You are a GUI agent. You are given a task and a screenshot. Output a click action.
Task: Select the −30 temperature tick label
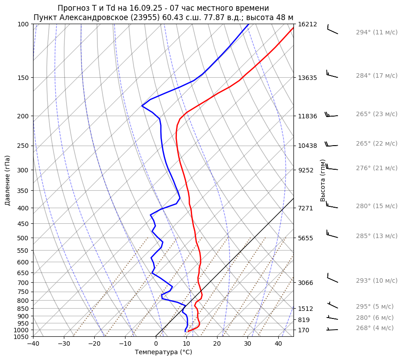point(64,344)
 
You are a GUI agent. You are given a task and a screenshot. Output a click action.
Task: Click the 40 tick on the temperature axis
point(278,344)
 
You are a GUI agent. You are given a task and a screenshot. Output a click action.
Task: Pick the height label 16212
point(308,24)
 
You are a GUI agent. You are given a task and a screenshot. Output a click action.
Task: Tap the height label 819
point(304,320)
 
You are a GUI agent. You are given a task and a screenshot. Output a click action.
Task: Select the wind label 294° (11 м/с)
point(377,33)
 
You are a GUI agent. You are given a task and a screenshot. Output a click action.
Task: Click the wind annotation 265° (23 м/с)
point(377,114)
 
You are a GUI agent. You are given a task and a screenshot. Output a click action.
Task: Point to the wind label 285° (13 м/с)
point(377,236)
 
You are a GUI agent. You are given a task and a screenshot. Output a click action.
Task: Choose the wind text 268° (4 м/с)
point(375,328)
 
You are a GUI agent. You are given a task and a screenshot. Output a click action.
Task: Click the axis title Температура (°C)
point(163,352)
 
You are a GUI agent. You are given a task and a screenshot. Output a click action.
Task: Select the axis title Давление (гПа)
point(8,180)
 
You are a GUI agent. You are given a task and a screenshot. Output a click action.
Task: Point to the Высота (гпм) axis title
point(323,180)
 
